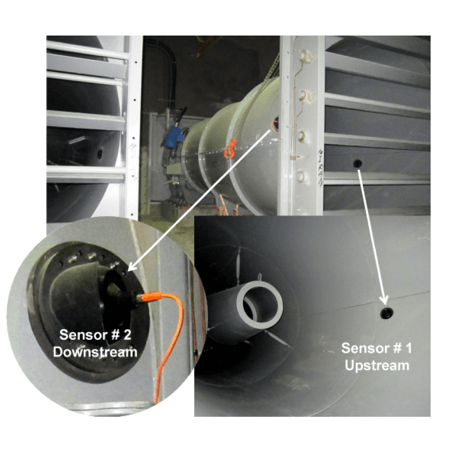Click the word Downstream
[x=95, y=352]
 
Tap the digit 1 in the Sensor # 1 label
[x=408, y=349]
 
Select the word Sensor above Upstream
[x=363, y=349]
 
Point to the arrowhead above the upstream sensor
[x=385, y=299]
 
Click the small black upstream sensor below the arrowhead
[x=387, y=313]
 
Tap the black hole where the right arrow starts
[x=357, y=164]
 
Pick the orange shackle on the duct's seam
[x=230, y=149]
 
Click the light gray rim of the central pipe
[x=259, y=305]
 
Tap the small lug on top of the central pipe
[x=259, y=277]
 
